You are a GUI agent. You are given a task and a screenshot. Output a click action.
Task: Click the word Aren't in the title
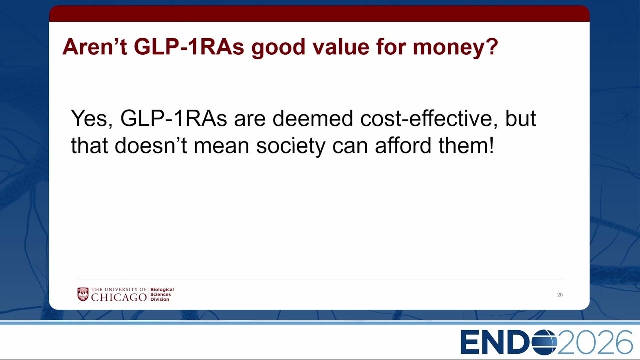click(95, 47)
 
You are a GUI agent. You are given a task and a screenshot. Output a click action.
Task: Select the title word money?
click(455, 48)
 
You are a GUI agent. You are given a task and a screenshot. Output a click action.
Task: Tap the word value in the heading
click(341, 47)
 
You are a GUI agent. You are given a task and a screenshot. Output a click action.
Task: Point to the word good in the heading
click(279, 48)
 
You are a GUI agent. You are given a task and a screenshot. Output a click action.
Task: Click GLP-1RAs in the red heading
click(189, 47)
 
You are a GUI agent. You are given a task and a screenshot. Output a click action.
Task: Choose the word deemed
click(313, 118)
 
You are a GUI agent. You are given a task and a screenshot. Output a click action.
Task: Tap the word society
click(291, 146)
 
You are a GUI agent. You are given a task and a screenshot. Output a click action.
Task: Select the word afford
click(403, 145)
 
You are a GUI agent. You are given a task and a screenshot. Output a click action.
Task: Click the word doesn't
click(151, 145)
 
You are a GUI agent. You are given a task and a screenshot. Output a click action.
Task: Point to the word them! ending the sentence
click(466, 145)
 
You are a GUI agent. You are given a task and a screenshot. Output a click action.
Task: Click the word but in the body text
click(520, 118)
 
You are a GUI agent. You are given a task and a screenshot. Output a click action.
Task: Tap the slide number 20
click(560, 295)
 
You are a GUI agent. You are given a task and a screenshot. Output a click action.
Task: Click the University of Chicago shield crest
click(83, 294)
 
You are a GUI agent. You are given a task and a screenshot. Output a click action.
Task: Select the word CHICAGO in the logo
click(119, 297)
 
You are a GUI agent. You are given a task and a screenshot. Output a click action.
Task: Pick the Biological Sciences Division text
click(162, 294)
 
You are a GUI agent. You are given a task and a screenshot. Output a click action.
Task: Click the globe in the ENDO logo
click(545, 342)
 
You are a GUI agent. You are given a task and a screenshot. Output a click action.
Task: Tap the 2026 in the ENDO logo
click(595, 342)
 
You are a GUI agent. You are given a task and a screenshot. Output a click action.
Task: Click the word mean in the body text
click(221, 147)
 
